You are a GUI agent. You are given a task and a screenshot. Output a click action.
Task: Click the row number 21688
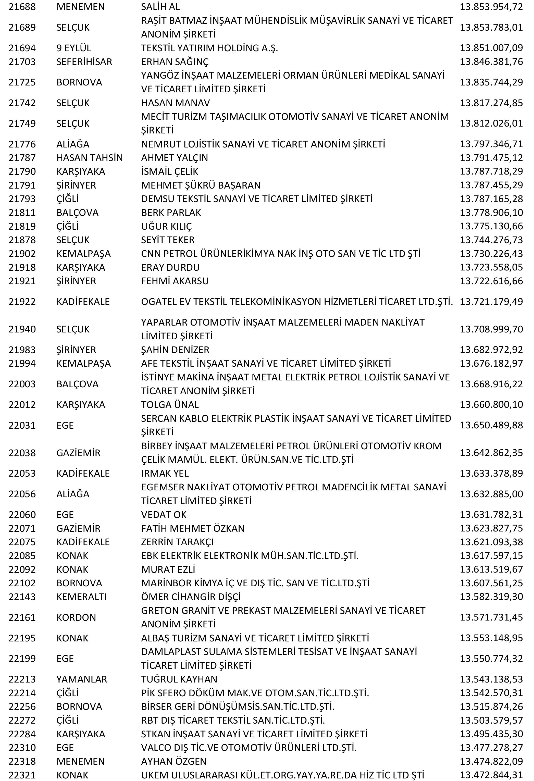tap(22, 7)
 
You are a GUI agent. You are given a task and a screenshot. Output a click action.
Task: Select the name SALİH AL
tap(160, 7)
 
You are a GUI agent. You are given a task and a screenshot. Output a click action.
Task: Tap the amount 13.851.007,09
tap(491, 48)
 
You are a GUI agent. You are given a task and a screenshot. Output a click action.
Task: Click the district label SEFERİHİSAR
tap(84, 62)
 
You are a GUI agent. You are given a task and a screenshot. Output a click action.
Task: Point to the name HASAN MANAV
tap(176, 103)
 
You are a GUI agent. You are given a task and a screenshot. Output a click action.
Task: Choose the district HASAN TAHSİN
tap(89, 158)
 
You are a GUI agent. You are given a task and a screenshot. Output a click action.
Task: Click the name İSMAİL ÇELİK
tap(169, 171)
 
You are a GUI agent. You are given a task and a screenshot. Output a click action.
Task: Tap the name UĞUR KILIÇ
tap(166, 226)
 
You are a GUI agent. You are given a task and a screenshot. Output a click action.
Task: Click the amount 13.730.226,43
tap(491, 254)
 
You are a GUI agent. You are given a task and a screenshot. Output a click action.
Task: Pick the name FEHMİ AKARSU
tap(175, 281)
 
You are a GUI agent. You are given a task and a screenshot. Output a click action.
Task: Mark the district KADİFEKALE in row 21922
tap(83, 301)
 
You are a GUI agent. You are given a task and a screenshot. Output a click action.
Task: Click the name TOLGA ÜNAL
tap(170, 404)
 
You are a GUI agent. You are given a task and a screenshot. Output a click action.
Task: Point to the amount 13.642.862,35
tap(491, 453)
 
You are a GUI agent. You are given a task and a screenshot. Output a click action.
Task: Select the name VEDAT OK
tap(163, 515)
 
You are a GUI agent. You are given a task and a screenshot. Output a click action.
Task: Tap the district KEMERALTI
tap(81, 597)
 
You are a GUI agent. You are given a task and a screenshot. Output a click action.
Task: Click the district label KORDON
tap(76, 617)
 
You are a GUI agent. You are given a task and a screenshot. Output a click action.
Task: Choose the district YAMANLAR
tap(82, 679)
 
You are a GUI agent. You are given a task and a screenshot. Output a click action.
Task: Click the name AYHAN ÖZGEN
tap(174, 761)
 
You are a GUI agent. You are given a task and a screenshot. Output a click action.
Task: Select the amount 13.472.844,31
tap(491, 775)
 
